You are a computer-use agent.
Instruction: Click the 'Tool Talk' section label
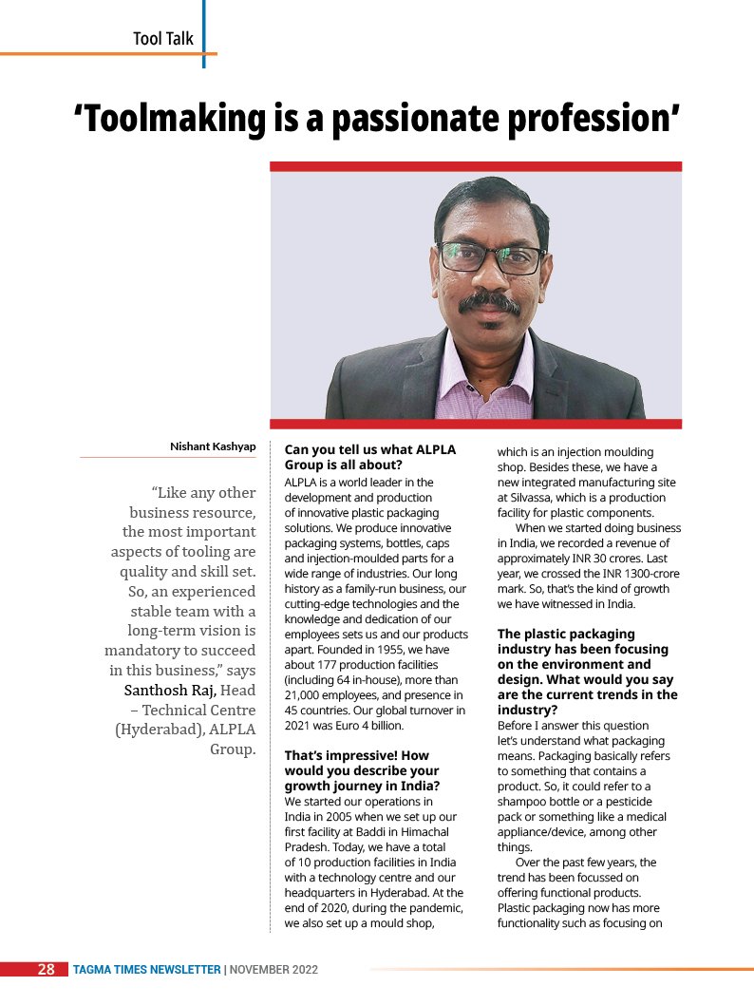[162, 39]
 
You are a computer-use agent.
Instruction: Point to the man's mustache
[488, 303]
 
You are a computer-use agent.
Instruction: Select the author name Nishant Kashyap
[212, 446]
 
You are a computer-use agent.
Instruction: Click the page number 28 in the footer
[46, 970]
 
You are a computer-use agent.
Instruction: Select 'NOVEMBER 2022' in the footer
[273, 970]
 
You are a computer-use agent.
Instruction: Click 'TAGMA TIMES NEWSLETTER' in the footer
[147, 970]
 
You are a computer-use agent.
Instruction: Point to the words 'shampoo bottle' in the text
[539, 802]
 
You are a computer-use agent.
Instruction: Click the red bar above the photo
[475, 166]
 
